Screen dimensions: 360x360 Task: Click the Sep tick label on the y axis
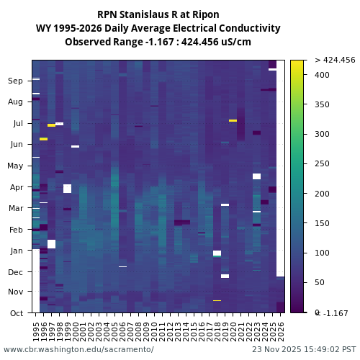tap(16, 81)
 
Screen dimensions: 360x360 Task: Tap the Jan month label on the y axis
tap(16, 251)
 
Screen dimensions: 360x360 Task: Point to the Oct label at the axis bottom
tap(16, 312)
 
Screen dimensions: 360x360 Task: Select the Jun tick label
tap(16, 145)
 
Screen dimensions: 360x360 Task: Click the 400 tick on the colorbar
tap(322, 75)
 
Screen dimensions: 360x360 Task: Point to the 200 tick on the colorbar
tap(322, 194)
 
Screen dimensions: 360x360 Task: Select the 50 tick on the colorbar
tap(319, 282)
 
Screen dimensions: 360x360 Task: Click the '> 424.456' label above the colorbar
tap(335, 60)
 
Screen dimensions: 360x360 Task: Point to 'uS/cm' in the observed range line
tap(234, 42)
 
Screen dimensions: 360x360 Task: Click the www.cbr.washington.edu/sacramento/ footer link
tap(78, 349)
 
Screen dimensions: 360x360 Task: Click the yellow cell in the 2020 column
tap(233, 121)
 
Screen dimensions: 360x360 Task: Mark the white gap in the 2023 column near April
tap(256, 176)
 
